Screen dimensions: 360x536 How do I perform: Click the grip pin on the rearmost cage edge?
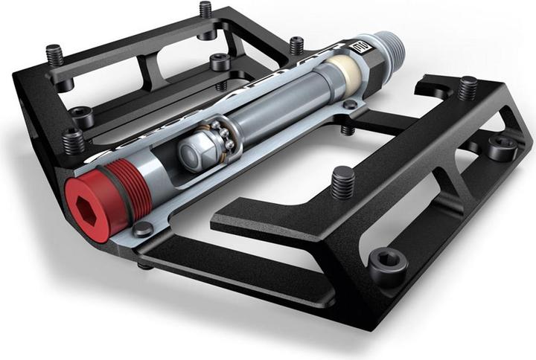(x=205, y=9)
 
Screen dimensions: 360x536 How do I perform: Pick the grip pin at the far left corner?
(x=54, y=54)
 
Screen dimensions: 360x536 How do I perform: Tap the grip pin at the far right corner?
(x=467, y=87)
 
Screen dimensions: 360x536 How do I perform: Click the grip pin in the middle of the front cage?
(x=342, y=181)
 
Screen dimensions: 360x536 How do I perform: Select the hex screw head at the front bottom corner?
(x=388, y=262)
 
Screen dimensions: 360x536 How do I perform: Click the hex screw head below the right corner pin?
(x=502, y=147)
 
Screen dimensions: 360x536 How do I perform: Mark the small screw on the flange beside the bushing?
(x=350, y=105)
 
